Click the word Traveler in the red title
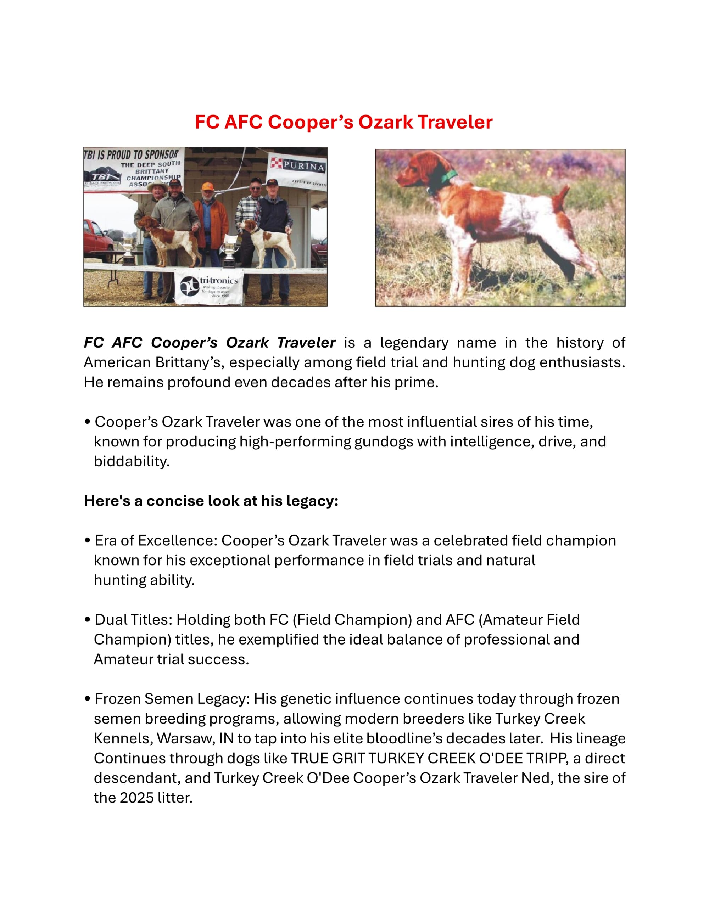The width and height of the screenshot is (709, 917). point(455,122)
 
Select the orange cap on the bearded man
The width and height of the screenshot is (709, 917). point(207,186)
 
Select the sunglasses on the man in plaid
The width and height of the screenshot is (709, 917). point(255,188)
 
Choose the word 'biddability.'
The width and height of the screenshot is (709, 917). point(132,461)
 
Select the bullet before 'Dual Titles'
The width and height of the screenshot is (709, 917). point(87,620)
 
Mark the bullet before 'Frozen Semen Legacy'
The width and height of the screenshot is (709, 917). point(87,699)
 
